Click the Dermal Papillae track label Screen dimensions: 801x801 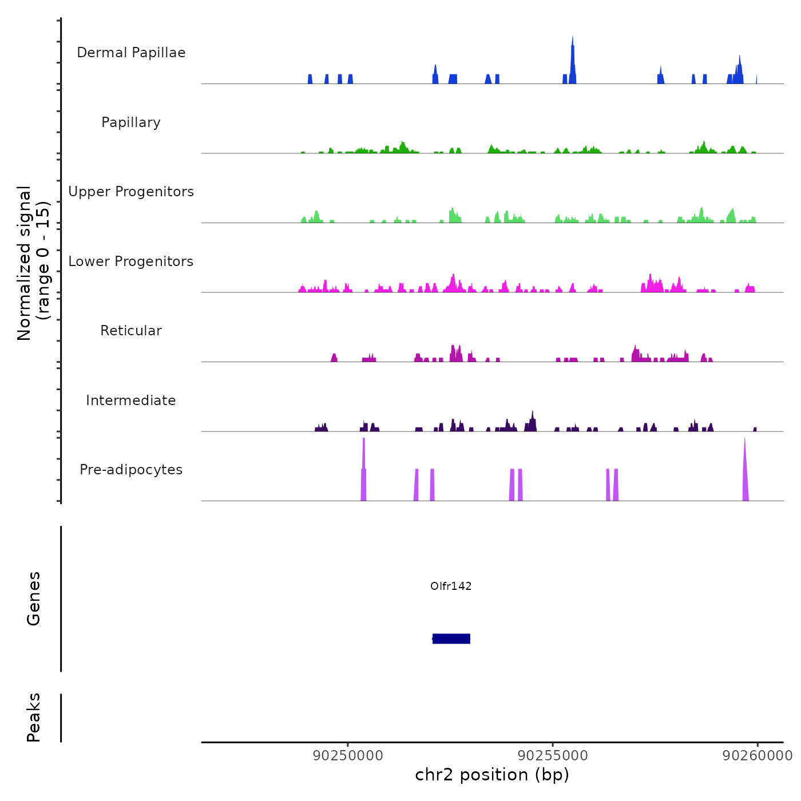pyautogui.click(x=131, y=53)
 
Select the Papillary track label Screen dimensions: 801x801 pyautogui.click(x=131, y=122)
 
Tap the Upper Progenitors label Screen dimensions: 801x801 pyautogui.click(x=131, y=192)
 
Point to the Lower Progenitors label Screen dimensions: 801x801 pyautogui.click(x=131, y=261)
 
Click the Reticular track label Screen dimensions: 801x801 pyautogui.click(x=131, y=331)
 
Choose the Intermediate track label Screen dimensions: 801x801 pyautogui.click(x=131, y=400)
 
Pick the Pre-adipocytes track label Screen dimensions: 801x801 pyautogui.click(x=131, y=470)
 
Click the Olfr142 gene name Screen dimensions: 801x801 pyautogui.click(x=451, y=586)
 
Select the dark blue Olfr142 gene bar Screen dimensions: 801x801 pyautogui.click(x=451, y=639)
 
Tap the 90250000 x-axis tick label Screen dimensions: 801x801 pyautogui.click(x=348, y=756)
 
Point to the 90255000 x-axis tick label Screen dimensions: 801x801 pyautogui.click(x=553, y=756)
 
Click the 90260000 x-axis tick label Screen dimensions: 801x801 pyautogui.click(x=758, y=756)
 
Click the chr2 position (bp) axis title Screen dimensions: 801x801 pyautogui.click(x=492, y=775)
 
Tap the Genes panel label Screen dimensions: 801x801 pyautogui.click(x=34, y=598)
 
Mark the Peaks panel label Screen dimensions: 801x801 pyautogui.click(x=34, y=717)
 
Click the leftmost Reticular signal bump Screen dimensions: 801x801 pyautogui.click(x=334, y=358)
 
